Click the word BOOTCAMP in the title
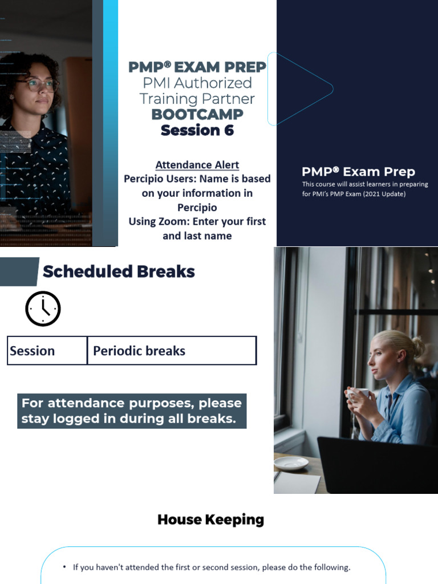pyautogui.click(x=197, y=114)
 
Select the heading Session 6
pyautogui.click(x=197, y=131)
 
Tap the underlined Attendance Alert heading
pyautogui.click(x=197, y=165)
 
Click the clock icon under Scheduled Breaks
pyautogui.click(x=43, y=309)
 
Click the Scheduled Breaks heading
pyautogui.click(x=119, y=271)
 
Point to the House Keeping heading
pyautogui.click(x=210, y=520)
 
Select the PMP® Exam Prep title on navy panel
pyautogui.click(x=358, y=172)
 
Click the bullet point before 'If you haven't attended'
pyautogui.click(x=65, y=567)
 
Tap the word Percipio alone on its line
pyautogui.click(x=197, y=207)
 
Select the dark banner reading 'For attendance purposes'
pyautogui.click(x=132, y=411)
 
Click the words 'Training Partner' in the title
pyautogui.click(x=197, y=98)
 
